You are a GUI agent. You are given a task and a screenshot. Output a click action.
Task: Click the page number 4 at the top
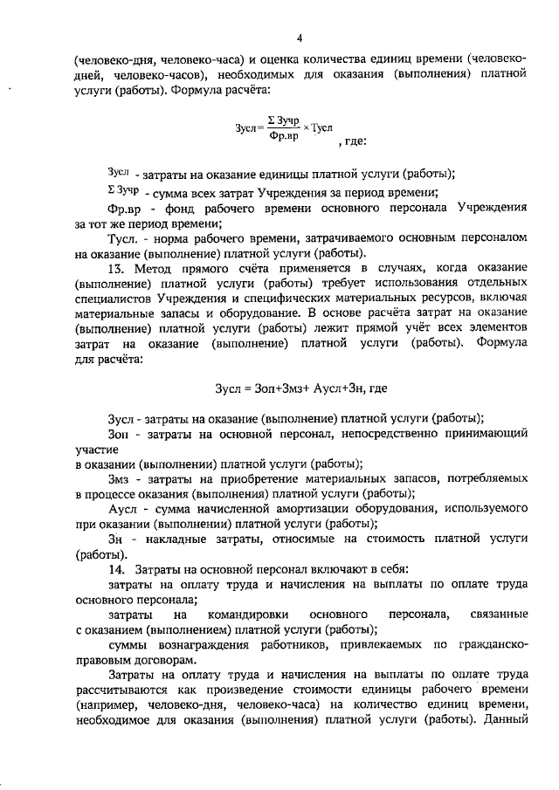300,38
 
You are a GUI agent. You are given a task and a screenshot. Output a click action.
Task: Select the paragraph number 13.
116,266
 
